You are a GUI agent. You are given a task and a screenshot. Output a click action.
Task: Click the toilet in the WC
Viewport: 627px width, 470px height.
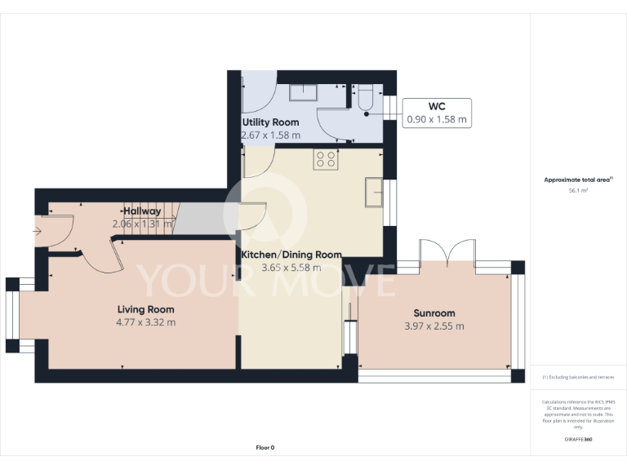pos(365,98)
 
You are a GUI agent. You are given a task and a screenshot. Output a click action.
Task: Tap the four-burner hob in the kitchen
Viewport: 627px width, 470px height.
pos(327,159)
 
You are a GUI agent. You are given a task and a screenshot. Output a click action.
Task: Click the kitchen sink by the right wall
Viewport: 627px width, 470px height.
pos(376,193)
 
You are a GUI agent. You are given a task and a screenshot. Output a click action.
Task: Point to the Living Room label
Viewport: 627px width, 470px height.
pos(145,309)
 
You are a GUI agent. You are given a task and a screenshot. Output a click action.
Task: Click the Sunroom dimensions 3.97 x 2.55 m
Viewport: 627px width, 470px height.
pos(434,326)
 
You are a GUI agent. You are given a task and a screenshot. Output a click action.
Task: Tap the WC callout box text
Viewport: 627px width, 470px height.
pos(437,113)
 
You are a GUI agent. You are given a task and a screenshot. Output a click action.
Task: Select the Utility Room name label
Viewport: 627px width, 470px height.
pos(270,122)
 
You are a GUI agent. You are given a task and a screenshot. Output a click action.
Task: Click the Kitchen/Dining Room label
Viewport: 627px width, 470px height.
pos(291,255)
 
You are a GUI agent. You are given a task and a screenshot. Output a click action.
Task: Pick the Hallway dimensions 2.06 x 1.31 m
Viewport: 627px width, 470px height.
pos(143,224)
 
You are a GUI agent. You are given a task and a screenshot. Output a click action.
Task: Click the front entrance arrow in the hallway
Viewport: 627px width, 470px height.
pos(38,231)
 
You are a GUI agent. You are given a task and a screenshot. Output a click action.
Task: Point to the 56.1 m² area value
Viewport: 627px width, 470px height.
pos(578,189)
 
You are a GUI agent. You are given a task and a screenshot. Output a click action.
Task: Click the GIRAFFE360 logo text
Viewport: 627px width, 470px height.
pos(578,440)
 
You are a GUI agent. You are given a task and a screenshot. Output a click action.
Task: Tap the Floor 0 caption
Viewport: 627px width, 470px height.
pos(265,448)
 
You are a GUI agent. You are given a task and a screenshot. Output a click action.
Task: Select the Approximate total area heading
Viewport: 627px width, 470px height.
pos(578,180)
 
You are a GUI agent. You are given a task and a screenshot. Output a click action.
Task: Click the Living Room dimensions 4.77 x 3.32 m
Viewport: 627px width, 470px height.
pos(145,322)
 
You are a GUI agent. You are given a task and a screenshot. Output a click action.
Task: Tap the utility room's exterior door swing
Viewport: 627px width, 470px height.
pos(260,93)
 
